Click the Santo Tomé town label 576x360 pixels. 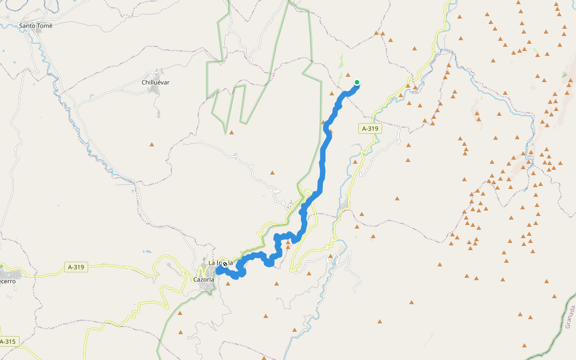(x=36, y=26)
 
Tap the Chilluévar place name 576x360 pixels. (x=155, y=82)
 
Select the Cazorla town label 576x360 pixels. (x=203, y=280)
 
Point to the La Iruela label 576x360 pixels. (x=220, y=263)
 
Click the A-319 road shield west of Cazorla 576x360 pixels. (x=76, y=267)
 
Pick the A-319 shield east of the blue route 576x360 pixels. (x=370, y=128)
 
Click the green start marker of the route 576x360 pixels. (x=357, y=83)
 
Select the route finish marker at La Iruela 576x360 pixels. (x=225, y=264)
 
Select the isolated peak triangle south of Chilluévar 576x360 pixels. (x=152, y=144)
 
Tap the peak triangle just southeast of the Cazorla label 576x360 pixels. (x=228, y=283)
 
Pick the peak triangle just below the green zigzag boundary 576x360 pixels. (x=232, y=133)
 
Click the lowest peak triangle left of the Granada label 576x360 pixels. (x=524, y=346)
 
